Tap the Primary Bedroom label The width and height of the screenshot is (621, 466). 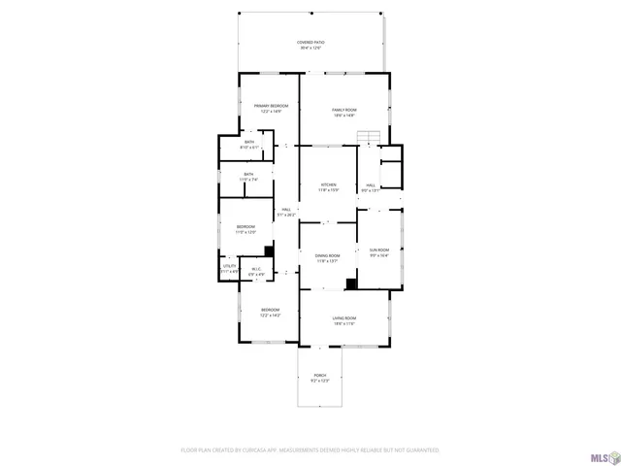pos(271,108)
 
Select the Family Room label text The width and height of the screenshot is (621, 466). pos(344,113)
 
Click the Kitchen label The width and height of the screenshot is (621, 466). pos(329,186)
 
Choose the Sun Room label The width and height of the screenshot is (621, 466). pos(378,252)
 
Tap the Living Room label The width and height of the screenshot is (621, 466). pos(344,321)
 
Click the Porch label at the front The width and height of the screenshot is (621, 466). pos(319,378)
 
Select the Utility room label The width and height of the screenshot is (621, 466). pos(230,268)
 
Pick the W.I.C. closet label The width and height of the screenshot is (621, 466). pos(256,272)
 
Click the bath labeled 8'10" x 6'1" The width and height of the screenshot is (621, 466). pos(249,145)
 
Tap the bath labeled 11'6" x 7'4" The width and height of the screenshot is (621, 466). pos(248,177)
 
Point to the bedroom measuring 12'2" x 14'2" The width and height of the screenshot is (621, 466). pos(269,313)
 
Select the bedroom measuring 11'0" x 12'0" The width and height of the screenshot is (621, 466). pos(245,229)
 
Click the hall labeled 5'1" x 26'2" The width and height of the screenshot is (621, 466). pos(286,212)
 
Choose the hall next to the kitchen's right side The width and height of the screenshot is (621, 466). pos(371,187)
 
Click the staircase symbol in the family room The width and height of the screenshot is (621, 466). pos(367,137)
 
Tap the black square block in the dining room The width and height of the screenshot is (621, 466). pos(351,283)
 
